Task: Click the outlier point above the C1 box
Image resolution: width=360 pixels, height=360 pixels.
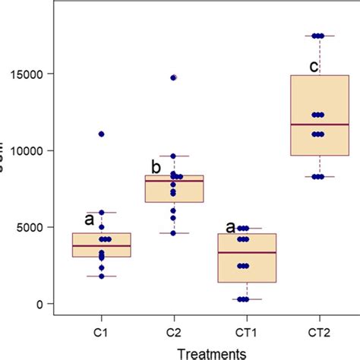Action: click(x=101, y=134)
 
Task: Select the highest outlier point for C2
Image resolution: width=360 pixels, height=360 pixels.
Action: click(x=174, y=77)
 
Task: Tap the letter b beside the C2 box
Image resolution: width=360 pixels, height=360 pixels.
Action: click(x=155, y=166)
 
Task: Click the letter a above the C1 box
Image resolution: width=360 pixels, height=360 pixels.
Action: click(x=88, y=220)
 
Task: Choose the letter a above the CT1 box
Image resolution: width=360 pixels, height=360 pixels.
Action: click(x=230, y=226)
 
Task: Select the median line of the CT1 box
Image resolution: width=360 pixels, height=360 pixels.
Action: click(x=246, y=252)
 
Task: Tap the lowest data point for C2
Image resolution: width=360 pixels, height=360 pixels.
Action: click(x=174, y=233)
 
